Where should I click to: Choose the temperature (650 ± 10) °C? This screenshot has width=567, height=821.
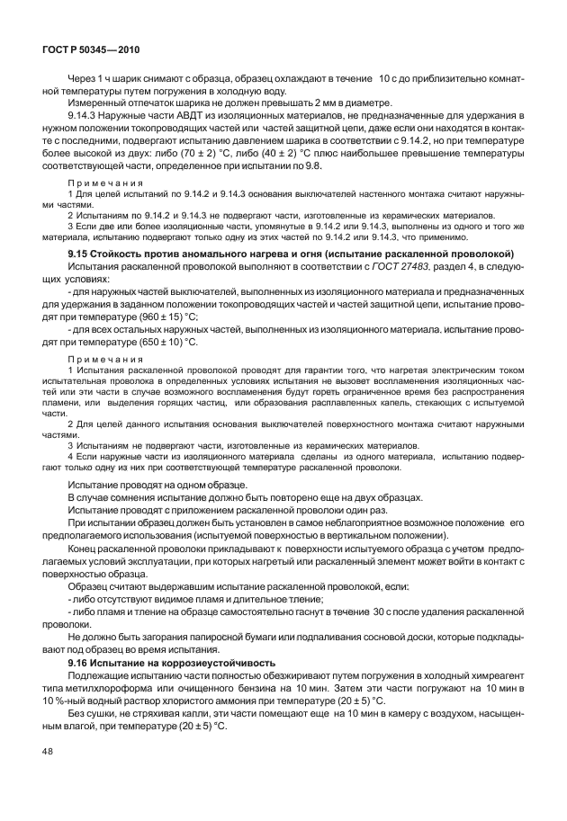(x=166, y=343)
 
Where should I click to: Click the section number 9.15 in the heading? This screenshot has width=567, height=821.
(x=78, y=254)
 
